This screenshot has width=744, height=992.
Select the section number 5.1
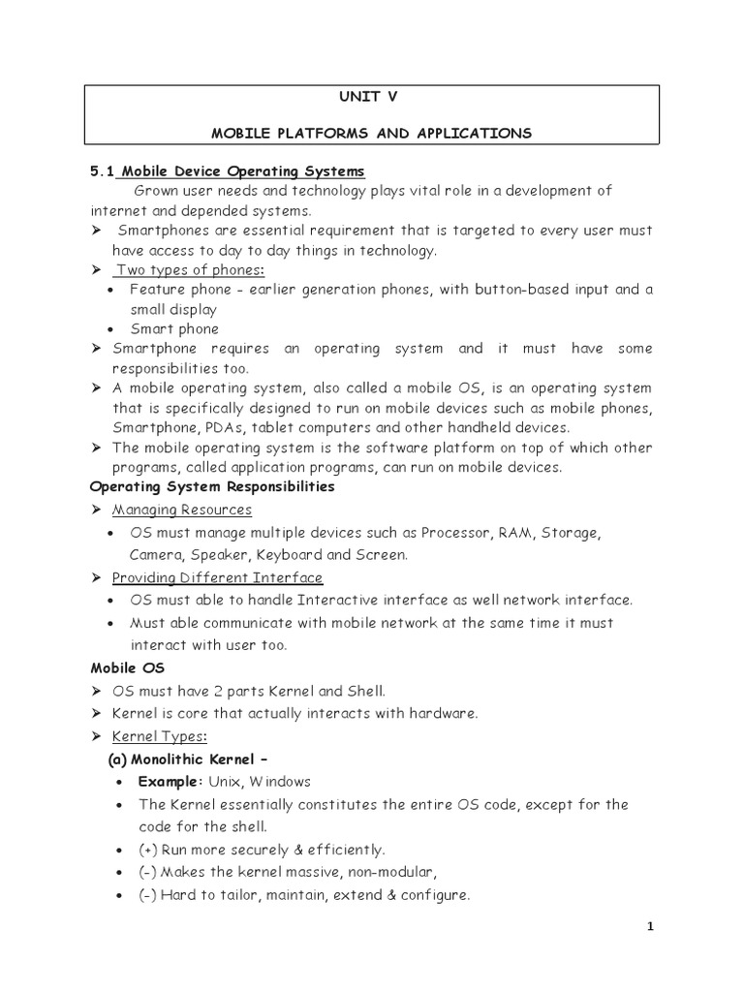point(102,171)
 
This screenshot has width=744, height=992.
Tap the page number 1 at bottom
point(651,926)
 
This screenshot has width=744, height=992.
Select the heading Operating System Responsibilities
point(212,486)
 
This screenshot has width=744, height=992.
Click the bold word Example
point(170,781)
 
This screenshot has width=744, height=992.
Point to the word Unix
point(227,781)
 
